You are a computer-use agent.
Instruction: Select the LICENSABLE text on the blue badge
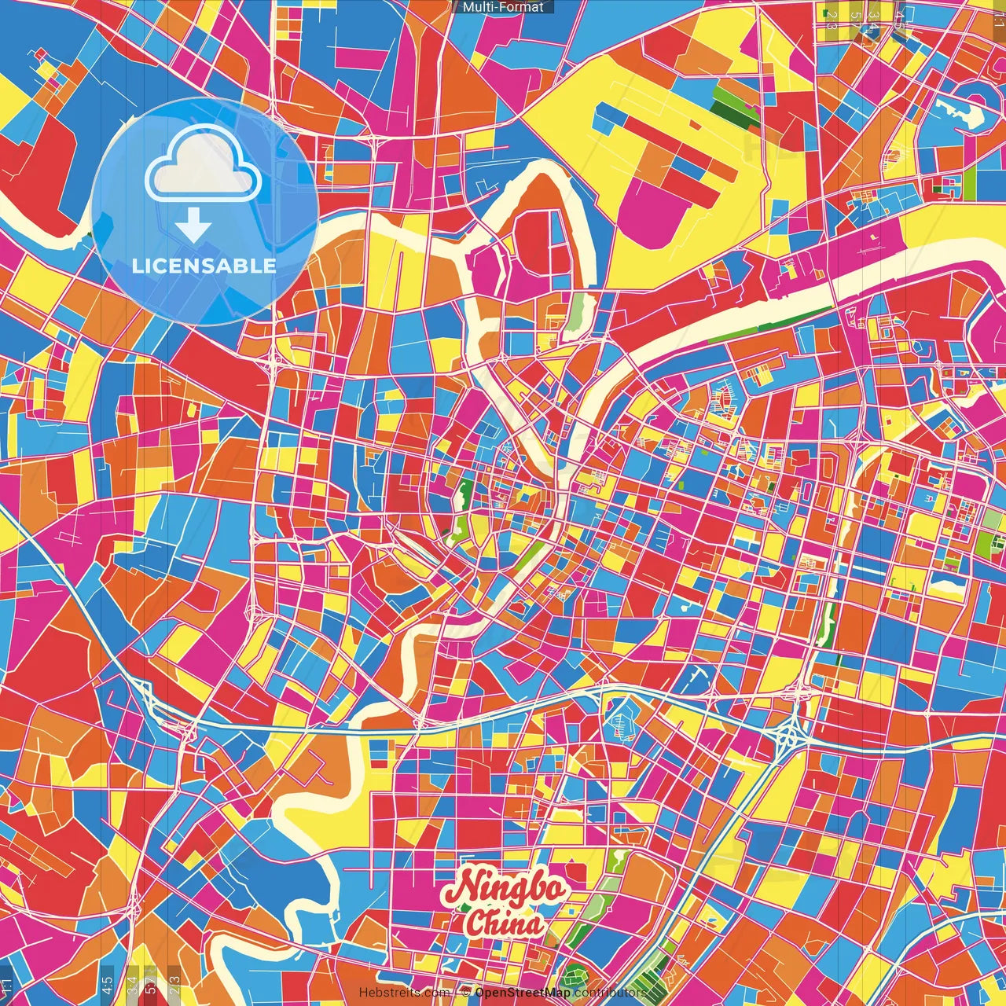[x=204, y=266]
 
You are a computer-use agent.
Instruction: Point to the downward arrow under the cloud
[x=193, y=226]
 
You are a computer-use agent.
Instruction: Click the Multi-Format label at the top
[x=503, y=7]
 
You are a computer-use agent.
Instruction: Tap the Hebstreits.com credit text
[x=404, y=993]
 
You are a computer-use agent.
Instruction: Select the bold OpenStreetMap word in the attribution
[x=522, y=993]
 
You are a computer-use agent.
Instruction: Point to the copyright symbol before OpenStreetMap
[x=466, y=993]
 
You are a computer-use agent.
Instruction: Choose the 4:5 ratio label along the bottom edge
[x=107, y=984]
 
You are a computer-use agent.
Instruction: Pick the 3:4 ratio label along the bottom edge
[x=132, y=984]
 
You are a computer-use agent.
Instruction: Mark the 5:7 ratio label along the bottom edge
[x=150, y=984]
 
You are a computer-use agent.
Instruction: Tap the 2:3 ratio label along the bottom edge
[x=174, y=984]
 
